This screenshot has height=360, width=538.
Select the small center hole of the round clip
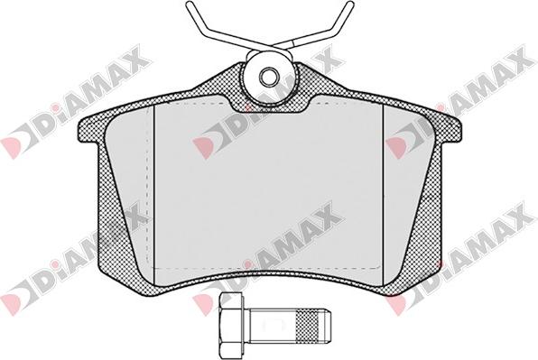pos(268,76)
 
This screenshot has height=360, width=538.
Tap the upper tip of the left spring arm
pos(189,5)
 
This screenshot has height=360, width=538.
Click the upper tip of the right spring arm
pos(350,5)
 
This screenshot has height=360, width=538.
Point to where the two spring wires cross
pos(281,46)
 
